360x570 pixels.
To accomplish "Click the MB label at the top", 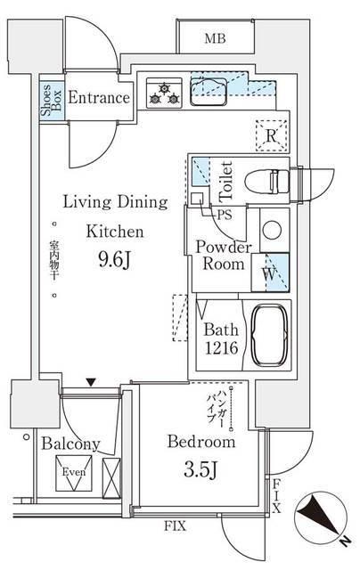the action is [215, 37].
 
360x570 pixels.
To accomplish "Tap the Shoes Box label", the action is [52, 101].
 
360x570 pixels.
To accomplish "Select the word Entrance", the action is [99, 97].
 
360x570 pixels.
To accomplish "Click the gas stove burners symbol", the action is [164, 93].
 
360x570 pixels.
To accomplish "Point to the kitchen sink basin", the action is [209, 92].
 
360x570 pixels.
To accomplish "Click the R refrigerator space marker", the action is [271, 135].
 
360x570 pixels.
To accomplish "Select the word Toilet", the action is [225, 182].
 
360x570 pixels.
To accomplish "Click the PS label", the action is [225, 215].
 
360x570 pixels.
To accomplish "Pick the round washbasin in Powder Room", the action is [272, 231].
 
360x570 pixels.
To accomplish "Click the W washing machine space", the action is [270, 273].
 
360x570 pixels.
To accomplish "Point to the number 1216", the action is [222, 348].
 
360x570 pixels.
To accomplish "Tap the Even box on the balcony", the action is [74, 473].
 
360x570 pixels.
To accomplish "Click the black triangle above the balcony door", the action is [91, 382].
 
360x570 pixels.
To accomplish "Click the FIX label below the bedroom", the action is [175, 525].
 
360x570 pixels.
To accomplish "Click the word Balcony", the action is [70, 444].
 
